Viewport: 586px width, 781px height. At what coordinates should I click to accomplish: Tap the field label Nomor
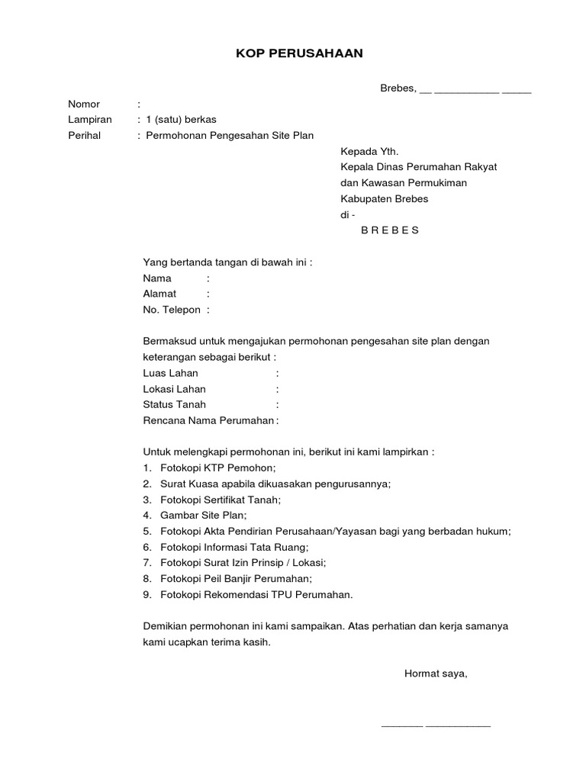click(x=84, y=104)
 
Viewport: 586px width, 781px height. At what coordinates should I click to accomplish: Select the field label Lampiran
click(x=90, y=120)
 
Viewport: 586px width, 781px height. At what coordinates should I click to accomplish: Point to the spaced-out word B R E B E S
click(x=390, y=230)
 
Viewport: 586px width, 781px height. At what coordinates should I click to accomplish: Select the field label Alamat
click(x=159, y=294)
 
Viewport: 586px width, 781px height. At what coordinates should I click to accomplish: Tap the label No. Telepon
click(x=172, y=310)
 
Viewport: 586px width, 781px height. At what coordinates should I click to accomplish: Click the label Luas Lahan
click(x=170, y=373)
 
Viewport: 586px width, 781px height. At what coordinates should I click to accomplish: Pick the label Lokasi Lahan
click(x=174, y=389)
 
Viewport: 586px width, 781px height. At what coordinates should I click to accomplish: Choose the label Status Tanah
click(x=174, y=404)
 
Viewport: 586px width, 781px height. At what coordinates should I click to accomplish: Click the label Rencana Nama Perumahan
click(x=208, y=420)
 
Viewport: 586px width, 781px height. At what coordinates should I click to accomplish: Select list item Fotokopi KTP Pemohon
click(x=218, y=468)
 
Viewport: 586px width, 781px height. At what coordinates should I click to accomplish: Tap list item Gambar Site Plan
click(x=198, y=516)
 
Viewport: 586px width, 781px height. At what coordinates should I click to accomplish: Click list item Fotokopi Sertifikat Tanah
click(x=221, y=500)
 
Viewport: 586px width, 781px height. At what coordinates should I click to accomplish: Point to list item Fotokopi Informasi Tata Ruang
click(x=233, y=548)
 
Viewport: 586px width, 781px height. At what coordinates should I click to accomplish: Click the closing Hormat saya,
click(x=435, y=673)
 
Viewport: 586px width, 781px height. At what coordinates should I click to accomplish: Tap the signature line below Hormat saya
click(x=436, y=725)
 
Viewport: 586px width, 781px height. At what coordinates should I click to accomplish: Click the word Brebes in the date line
click(x=397, y=88)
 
